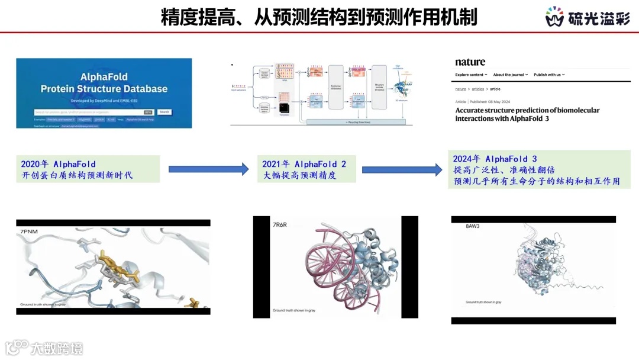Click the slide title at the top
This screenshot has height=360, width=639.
point(319,17)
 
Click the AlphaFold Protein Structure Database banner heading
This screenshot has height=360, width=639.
point(104,83)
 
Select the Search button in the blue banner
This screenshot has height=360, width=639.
point(164,111)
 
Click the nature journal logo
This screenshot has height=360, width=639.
point(470,62)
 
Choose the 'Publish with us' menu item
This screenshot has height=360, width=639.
point(548,75)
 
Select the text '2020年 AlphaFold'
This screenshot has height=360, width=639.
point(58,164)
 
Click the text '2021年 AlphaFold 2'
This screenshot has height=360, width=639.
point(305,164)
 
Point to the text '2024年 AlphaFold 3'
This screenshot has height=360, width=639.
point(495,159)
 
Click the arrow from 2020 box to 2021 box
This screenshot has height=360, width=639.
point(208,169)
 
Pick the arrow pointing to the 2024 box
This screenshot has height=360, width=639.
point(402,169)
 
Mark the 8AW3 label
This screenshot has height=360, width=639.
point(473,226)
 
